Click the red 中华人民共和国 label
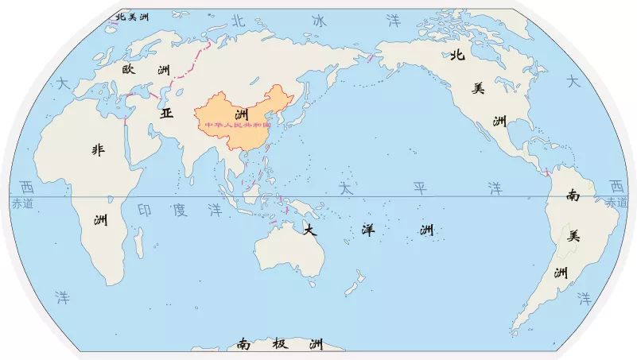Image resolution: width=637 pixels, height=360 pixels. (238, 126)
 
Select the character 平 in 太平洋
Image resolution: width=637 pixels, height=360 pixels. (419, 188)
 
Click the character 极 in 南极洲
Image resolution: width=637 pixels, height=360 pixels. (279, 344)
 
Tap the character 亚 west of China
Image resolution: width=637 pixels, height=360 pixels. (166, 113)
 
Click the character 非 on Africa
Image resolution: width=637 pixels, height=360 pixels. (99, 149)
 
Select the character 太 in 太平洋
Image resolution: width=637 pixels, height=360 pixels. (345, 188)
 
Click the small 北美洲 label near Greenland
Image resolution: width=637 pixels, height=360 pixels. (132, 16)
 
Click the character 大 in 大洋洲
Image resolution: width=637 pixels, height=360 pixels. (311, 230)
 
